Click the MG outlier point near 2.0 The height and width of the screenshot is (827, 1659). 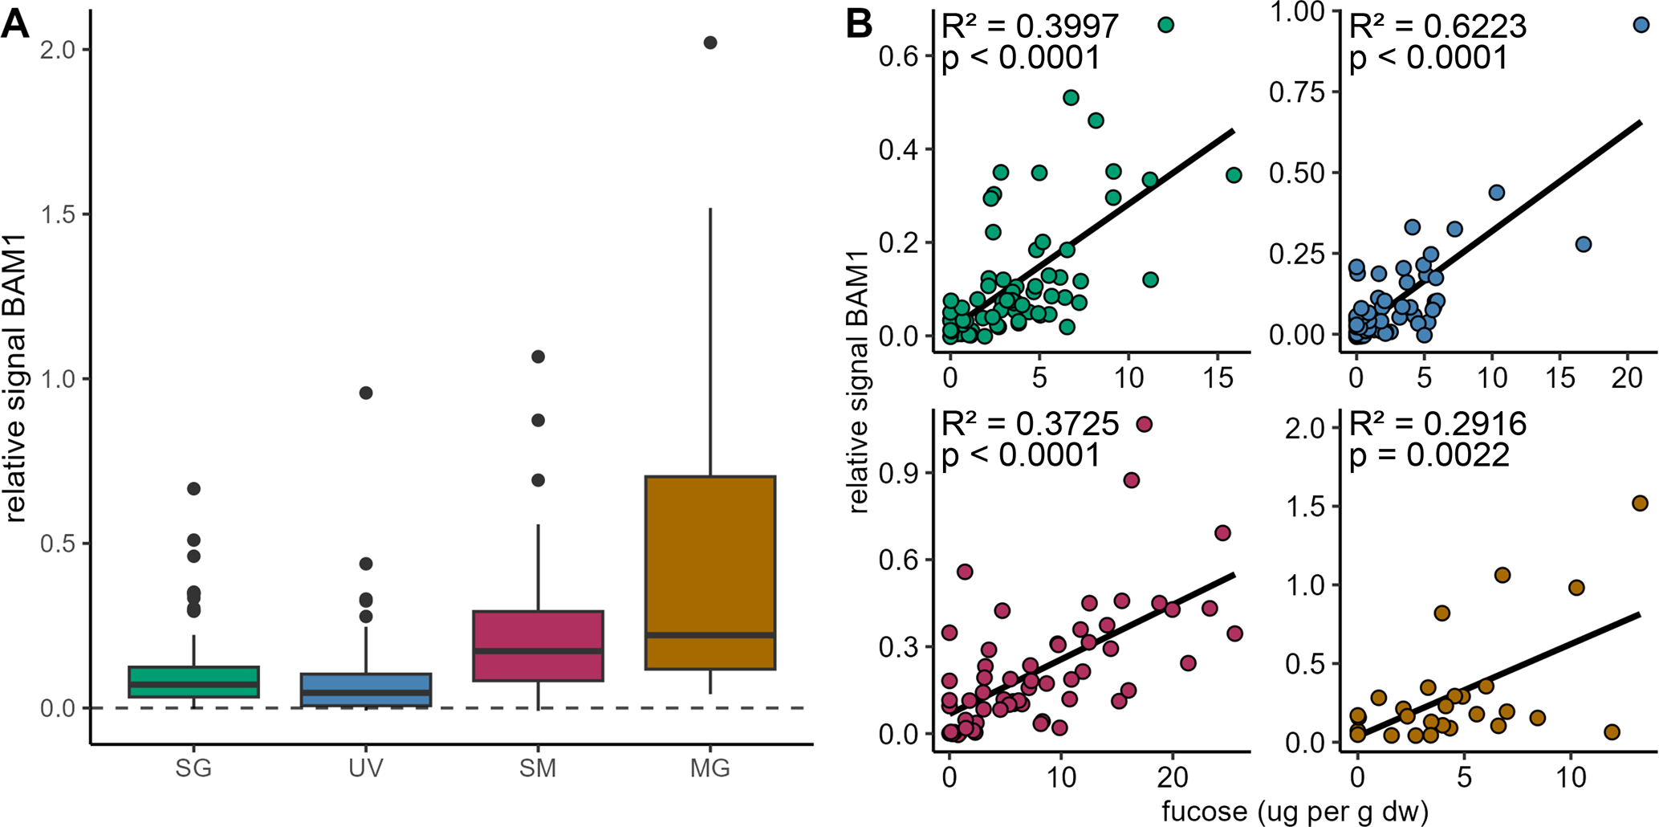[710, 43]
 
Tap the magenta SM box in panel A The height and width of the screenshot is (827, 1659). [538, 646]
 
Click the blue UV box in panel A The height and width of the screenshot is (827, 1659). [366, 690]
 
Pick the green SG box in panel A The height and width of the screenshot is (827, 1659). [193, 682]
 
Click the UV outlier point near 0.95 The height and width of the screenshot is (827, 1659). [366, 393]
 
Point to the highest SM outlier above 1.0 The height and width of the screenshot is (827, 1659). [539, 356]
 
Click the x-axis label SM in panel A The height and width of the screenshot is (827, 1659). [538, 768]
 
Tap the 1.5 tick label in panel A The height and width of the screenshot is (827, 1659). [57, 214]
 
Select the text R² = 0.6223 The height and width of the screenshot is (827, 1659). [1437, 27]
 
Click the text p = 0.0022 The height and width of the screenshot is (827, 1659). [1429, 455]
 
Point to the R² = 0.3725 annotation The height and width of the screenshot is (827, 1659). [1030, 424]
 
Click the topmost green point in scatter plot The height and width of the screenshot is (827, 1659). [1166, 25]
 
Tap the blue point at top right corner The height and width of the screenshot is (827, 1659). [1641, 25]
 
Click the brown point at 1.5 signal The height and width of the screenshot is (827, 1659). [1640, 503]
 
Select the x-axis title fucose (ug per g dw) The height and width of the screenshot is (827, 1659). [1295, 811]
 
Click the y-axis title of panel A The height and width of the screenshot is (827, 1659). [16, 377]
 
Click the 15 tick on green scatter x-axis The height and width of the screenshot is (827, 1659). [1218, 377]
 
